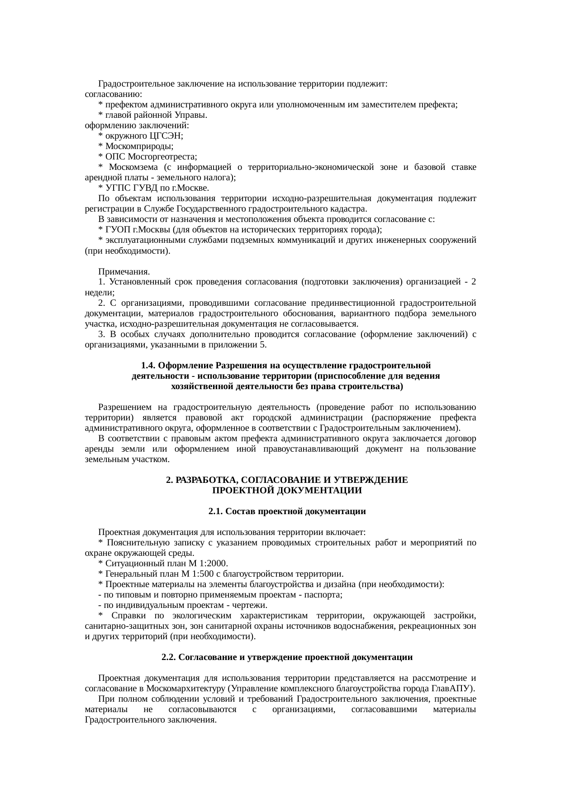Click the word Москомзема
point(133,167)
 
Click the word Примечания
point(124,271)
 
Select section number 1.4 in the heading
point(149,366)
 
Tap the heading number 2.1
point(216,511)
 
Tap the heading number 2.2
point(169,657)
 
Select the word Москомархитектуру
point(186,689)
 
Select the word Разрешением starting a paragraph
point(124,407)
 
